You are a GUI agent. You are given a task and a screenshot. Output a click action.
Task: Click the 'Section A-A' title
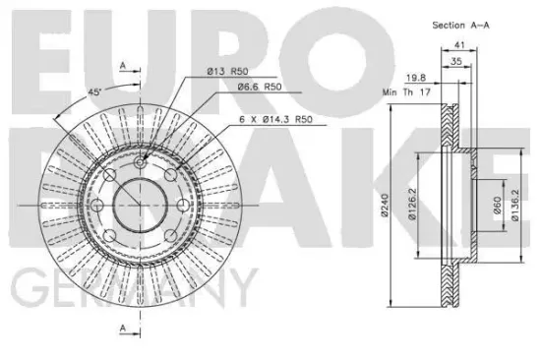pyautogui.click(x=460, y=26)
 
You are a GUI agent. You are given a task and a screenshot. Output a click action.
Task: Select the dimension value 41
pyautogui.click(x=459, y=45)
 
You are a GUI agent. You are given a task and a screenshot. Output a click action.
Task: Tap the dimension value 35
pyautogui.click(x=456, y=61)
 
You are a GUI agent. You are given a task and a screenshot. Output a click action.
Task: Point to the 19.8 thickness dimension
pyautogui.click(x=416, y=78)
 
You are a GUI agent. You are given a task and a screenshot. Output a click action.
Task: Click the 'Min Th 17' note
pyautogui.click(x=406, y=92)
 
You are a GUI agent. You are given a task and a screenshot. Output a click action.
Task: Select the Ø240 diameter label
pyautogui.click(x=385, y=205)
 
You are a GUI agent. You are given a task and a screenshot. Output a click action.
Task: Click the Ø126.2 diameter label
pyautogui.click(x=412, y=204)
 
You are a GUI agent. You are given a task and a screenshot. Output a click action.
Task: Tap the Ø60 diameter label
pyautogui.click(x=497, y=205)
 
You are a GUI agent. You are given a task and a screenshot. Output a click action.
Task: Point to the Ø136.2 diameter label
pyautogui.click(x=514, y=205)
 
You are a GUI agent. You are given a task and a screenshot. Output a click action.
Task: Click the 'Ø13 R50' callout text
pyautogui.click(x=228, y=72)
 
